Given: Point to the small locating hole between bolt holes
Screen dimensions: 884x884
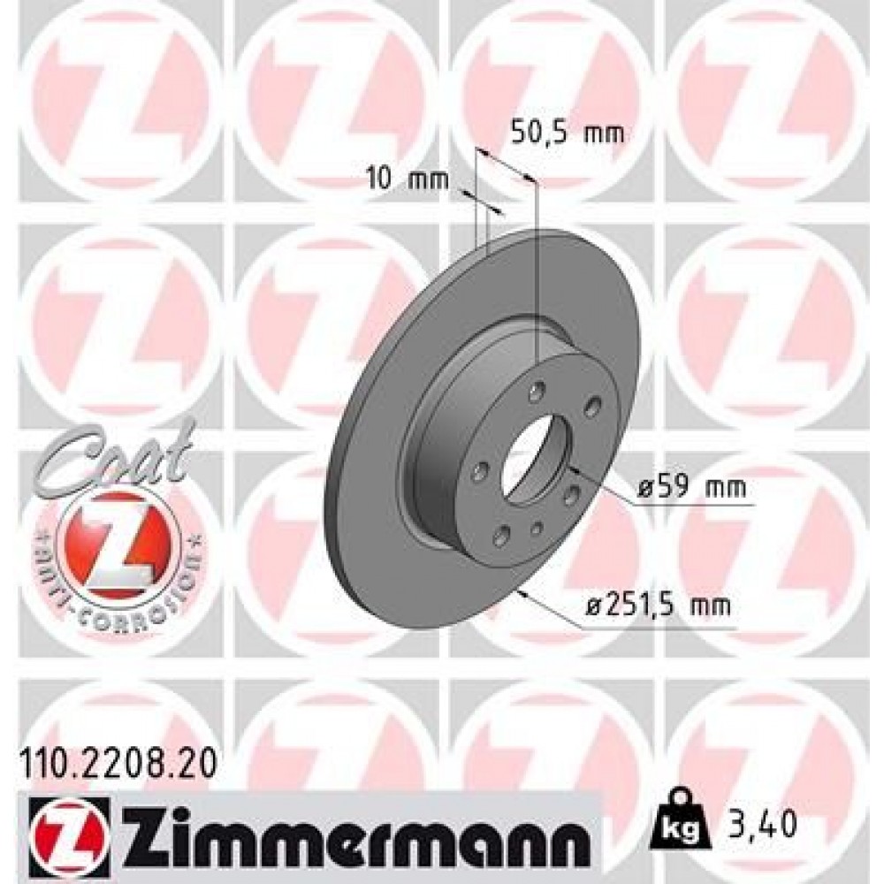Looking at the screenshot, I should click(537, 528).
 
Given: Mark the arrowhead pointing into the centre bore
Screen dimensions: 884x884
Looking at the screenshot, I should click(571, 468).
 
